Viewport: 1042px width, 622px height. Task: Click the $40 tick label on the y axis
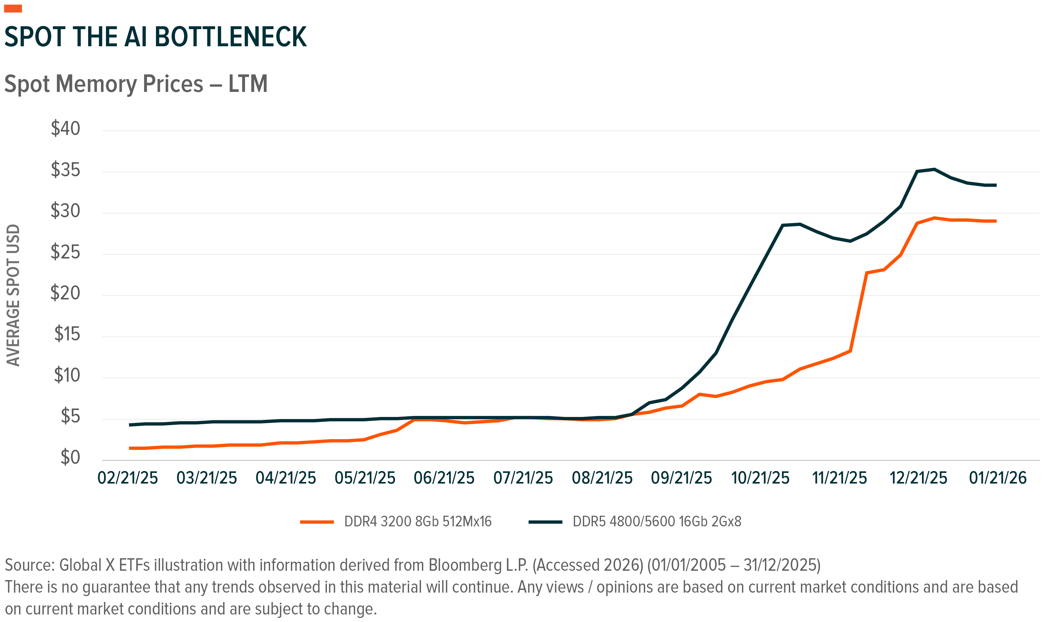click(x=65, y=128)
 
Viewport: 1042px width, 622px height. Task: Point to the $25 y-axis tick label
click(x=65, y=252)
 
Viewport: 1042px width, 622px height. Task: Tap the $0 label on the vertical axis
click(x=70, y=457)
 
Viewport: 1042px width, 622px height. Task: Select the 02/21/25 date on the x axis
click(x=128, y=478)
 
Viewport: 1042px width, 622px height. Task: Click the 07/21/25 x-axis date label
click(x=523, y=478)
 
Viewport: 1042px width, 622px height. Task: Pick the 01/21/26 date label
click(x=998, y=478)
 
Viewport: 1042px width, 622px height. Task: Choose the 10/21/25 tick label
click(x=760, y=478)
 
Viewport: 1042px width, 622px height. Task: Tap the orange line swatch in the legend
click(x=317, y=522)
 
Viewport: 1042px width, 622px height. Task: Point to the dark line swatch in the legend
click(x=545, y=522)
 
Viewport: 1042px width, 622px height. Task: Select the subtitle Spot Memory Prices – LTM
click(x=136, y=84)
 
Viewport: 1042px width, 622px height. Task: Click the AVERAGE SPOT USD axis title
click(x=13, y=295)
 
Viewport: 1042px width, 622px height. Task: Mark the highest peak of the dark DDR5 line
click(x=934, y=169)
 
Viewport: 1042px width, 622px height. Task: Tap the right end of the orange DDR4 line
click(x=995, y=221)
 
